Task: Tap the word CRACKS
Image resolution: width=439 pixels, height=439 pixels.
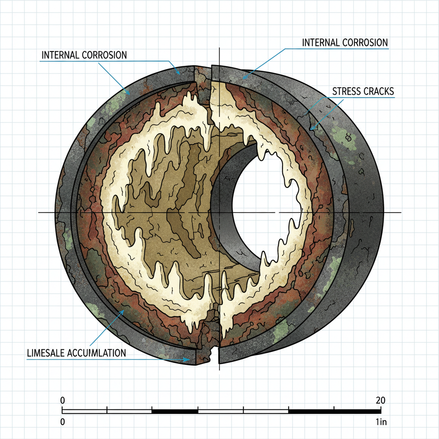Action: click(x=379, y=91)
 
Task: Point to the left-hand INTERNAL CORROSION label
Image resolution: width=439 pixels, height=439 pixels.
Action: click(x=84, y=55)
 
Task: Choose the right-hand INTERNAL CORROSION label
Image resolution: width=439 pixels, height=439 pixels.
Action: click(x=345, y=43)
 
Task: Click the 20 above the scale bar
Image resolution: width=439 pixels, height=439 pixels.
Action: click(x=380, y=400)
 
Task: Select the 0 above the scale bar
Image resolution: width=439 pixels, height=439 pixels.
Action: click(x=63, y=400)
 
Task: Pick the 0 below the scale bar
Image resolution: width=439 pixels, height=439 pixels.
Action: click(x=63, y=422)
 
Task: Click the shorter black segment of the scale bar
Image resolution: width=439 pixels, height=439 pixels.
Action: click(x=175, y=412)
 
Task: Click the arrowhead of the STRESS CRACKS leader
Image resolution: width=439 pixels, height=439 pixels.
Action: click(x=313, y=128)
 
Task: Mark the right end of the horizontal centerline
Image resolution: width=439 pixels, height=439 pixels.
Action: click(x=400, y=212)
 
